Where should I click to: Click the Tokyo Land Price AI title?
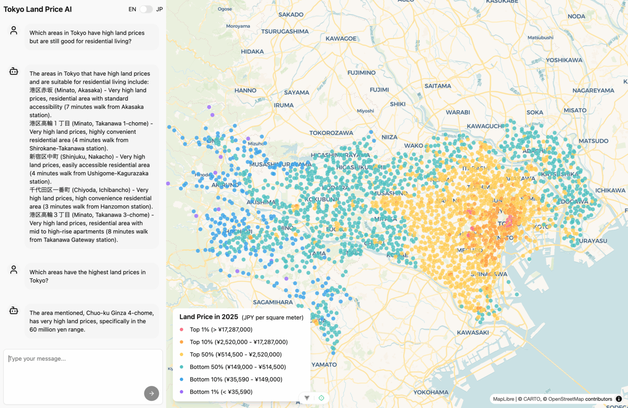pyautogui.click(x=38, y=9)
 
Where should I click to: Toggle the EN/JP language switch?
pyautogui.click(x=146, y=9)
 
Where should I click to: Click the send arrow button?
pyautogui.click(x=151, y=393)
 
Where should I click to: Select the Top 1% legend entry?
pyautogui.click(x=221, y=330)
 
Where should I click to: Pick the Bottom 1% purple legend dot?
pyautogui.click(x=182, y=392)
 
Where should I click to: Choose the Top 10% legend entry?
pyautogui.click(x=238, y=342)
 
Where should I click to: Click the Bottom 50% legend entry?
pyautogui.click(x=238, y=367)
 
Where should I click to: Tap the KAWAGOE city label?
pyautogui.click(x=341, y=39)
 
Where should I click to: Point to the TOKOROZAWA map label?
pyautogui.click(x=331, y=133)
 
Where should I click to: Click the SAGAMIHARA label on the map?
pyautogui.click(x=273, y=303)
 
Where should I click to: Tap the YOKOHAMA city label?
pyautogui.click(x=431, y=392)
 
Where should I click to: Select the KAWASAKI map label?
pyautogui.click(x=473, y=333)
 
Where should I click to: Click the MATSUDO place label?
pyautogui.click(x=593, y=141)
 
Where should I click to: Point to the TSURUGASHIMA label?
pyautogui.click(x=285, y=31)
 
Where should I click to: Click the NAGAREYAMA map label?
pyautogui.click(x=593, y=91)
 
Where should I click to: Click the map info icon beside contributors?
pyautogui.click(x=619, y=399)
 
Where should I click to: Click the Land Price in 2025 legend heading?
pyautogui.click(x=209, y=317)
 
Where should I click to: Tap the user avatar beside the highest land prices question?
pyautogui.click(x=14, y=270)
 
